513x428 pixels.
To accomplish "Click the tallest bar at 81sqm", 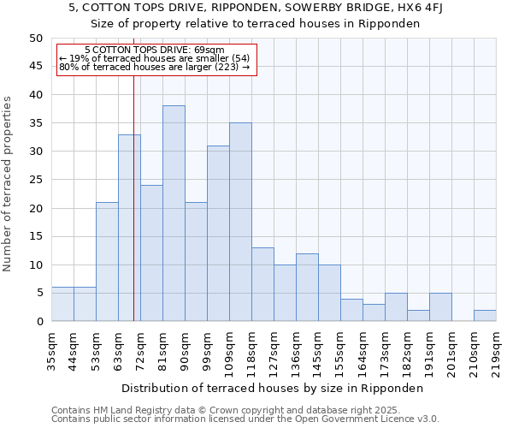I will click(174, 213).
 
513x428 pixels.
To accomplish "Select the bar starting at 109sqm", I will click(240, 222).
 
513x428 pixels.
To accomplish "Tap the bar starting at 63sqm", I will click(129, 228).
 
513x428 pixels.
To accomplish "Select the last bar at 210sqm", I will click(485, 315).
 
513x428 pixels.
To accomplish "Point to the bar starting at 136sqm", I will click(307, 287).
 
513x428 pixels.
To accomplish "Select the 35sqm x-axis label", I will click(51, 348).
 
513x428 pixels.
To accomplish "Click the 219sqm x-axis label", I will click(496, 351).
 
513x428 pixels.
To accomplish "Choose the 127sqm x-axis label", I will click(274, 351).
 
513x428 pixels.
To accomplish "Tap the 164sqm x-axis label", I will click(363, 351).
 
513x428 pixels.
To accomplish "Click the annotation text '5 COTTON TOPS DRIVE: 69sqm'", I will click(155, 50).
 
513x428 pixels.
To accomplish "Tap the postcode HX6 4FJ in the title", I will click(428, 8).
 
